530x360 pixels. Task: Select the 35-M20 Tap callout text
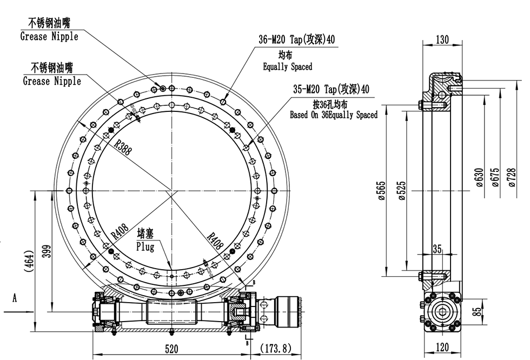(332, 89)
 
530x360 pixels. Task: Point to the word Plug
(144, 247)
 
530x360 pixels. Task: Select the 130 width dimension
(442, 39)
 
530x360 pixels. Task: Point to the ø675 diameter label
(495, 177)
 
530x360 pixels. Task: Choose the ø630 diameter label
(479, 177)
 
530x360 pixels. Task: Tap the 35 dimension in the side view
(438, 249)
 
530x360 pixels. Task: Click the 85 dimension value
(476, 312)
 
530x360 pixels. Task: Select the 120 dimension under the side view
(442, 348)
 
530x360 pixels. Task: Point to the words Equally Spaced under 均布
(287, 67)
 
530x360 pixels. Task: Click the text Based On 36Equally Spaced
(333, 115)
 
